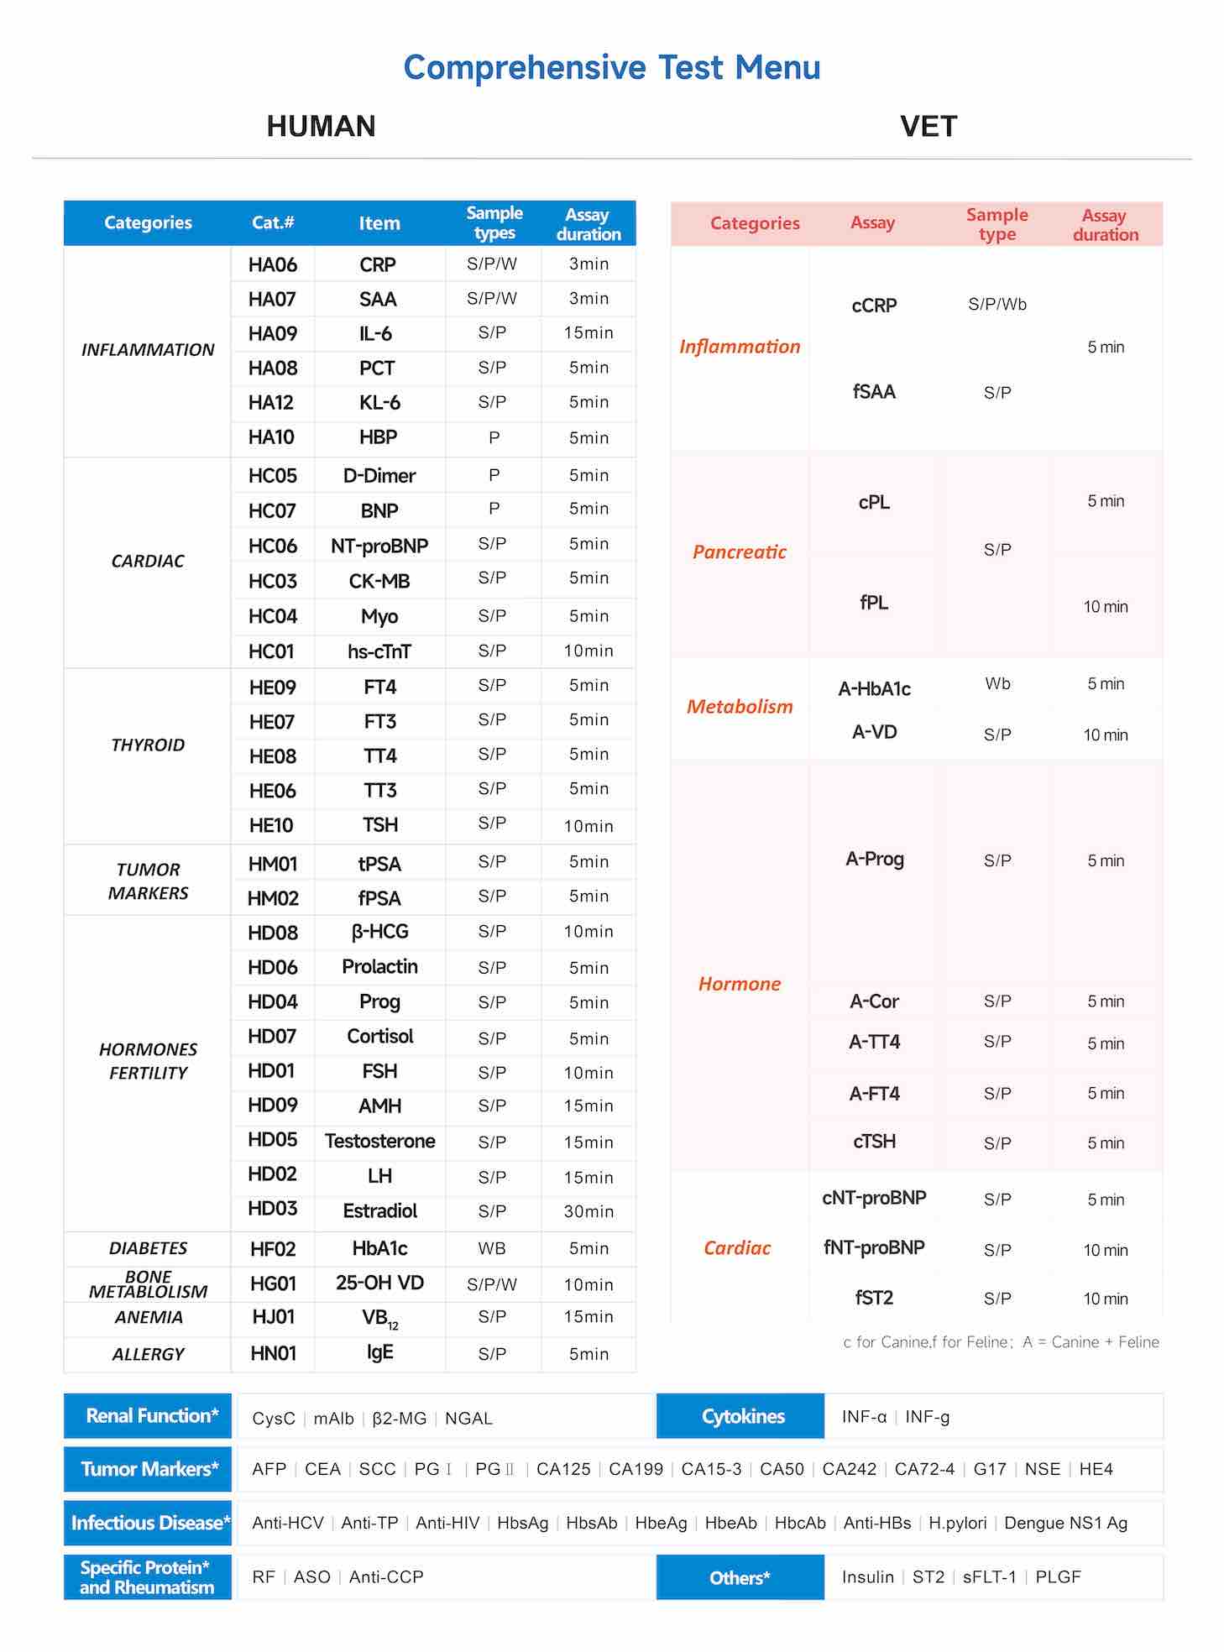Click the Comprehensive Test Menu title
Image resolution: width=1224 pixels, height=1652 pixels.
pyautogui.click(x=611, y=68)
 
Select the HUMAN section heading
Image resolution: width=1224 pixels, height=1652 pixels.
pyautogui.click(x=321, y=127)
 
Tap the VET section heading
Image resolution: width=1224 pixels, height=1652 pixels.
pyautogui.click(x=928, y=127)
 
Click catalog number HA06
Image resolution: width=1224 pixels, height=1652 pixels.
pyautogui.click(x=272, y=265)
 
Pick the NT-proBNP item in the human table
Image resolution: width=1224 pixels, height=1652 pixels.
pyautogui.click(x=379, y=546)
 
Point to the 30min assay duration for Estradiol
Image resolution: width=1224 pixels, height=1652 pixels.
pyautogui.click(x=588, y=1211)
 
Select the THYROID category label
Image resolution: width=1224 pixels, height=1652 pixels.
pyautogui.click(x=148, y=745)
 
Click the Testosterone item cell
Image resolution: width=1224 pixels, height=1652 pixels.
pyautogui.click(x=379, y=1142)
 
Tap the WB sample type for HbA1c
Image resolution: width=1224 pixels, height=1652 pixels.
pyautogui.click(x=492, y=1249)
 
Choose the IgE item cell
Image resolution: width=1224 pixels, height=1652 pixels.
pyautogui.click(x=379, y=1352)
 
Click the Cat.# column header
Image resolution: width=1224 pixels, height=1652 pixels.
pyautogui.click(x=273, y=223)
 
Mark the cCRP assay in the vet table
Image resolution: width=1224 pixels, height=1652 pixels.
pyautogui.click(x=874, y=306)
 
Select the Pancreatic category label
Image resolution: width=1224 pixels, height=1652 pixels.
pyautogui.click(x=740, y=552)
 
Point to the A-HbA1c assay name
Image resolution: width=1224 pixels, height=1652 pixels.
pyautogui.click(x=874, y=689)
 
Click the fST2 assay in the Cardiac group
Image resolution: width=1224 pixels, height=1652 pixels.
pyautogui.click(x=874, y=1298)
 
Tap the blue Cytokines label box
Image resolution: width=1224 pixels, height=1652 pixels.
pyautogui.click(x=742, y=1417)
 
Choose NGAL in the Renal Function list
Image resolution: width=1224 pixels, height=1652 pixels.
pyautogui.click(x=468, y=1419)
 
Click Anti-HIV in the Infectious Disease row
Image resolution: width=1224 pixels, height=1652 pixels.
pyautogui.click(x=447, y=1523)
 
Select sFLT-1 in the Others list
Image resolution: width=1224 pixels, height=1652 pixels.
pyautogui.click(x=989, y=1577)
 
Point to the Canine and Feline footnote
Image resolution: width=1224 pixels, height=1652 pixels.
pyautogui.click(x=1001, y=1342)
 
